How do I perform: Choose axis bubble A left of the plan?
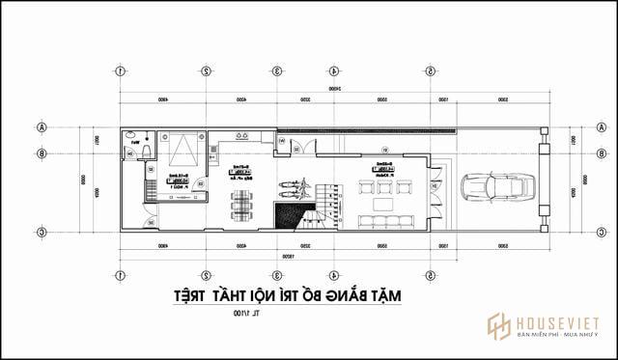pyautogui.click(x=42, y=126)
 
